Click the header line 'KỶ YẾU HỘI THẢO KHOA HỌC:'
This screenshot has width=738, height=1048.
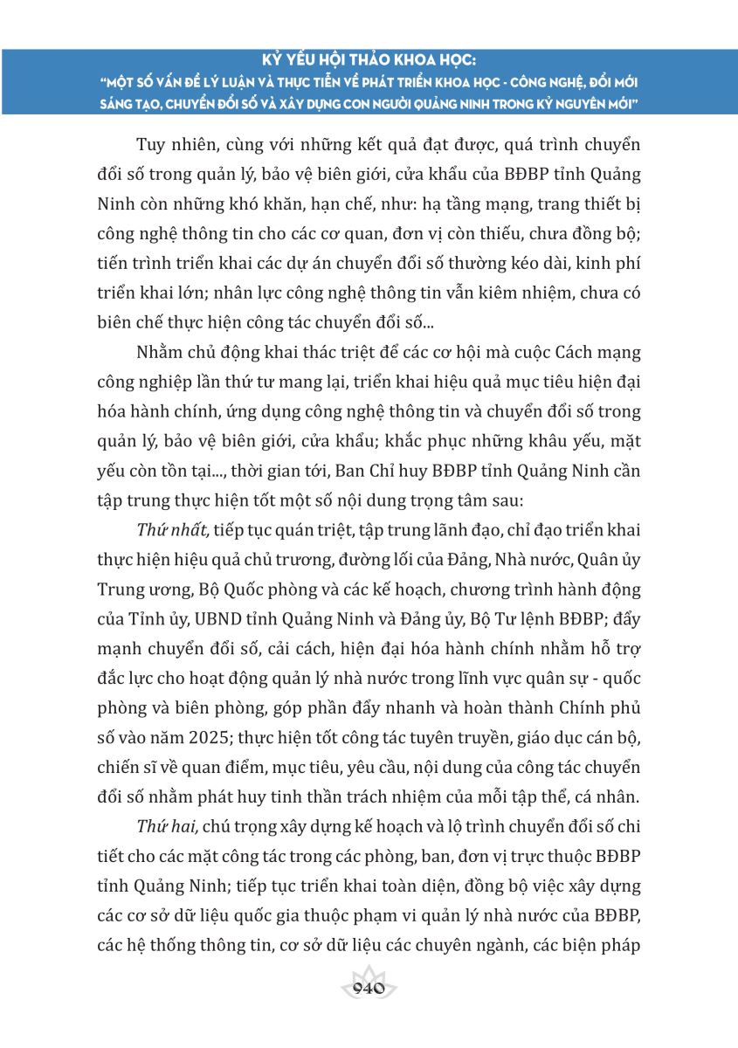[369, 62]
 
